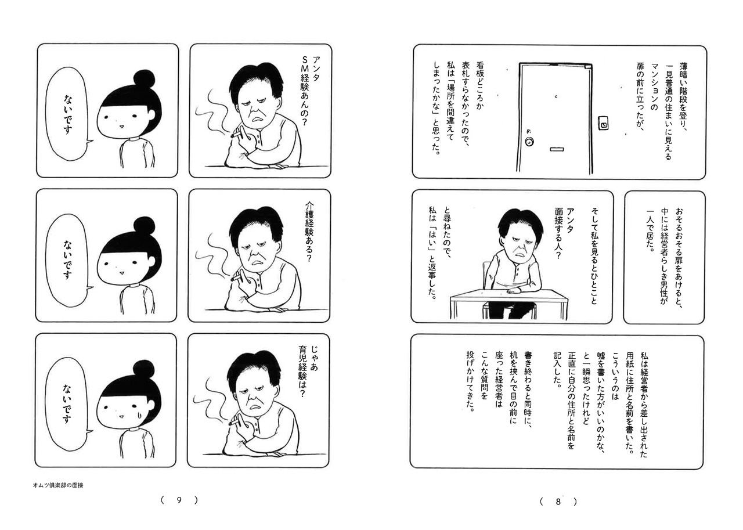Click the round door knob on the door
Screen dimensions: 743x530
click(529, 142)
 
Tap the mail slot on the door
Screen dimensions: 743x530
click(557, 150)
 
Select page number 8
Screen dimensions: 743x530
click(558, 502)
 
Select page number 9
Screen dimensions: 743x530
click(179, 500)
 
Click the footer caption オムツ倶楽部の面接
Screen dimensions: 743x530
click(58, 485)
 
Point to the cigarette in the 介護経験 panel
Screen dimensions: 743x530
click(236, 278)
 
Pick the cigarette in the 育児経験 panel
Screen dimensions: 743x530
click(234, 422)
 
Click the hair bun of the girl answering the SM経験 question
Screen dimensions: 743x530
click(145, 79)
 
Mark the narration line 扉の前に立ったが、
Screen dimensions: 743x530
click(640, 96)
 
